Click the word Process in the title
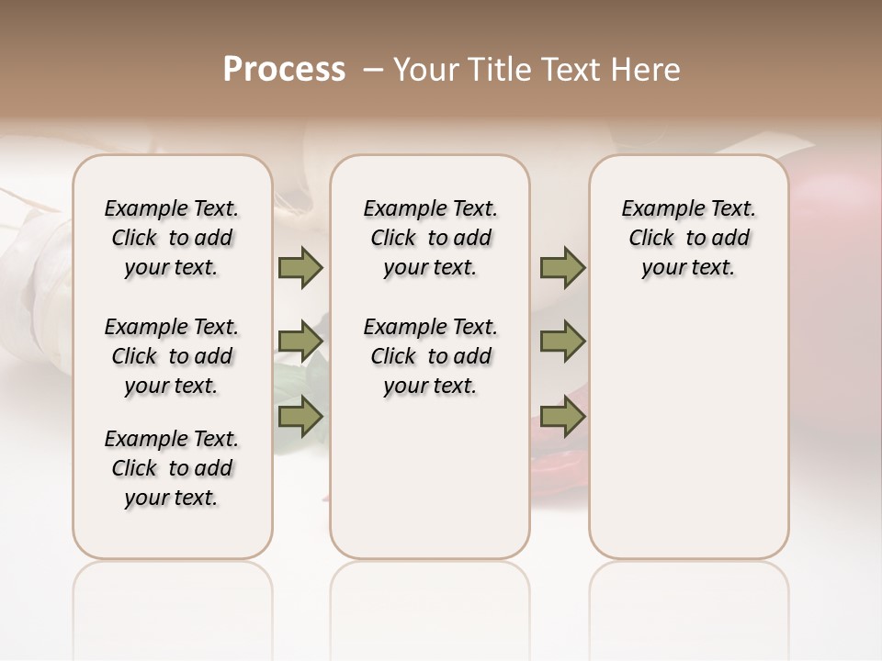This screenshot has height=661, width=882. click(x=284, y=70)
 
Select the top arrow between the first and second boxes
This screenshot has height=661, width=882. click(x=300, y=267)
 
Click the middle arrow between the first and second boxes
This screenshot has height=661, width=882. click(x=300, y=342)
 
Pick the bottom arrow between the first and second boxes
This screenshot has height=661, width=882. click(x=300, y=417)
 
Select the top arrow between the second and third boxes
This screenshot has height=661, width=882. click(x=562, y=267)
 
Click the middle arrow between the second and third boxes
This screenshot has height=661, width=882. click(x=562, y=342)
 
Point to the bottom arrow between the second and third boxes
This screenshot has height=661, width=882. click(x=562, y=417)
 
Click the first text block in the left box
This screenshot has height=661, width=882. click(x=172, y=238)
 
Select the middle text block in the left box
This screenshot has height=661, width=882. click(x=172, y=356)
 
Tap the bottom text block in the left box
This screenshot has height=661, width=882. click(x=172, y=468)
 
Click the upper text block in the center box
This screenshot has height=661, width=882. click(x=430, y=238)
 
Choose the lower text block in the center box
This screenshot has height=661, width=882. click(x=430, y=356)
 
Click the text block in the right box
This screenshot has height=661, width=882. click(x=688, y=238)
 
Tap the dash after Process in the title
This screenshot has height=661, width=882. click(x=373, y=70)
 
